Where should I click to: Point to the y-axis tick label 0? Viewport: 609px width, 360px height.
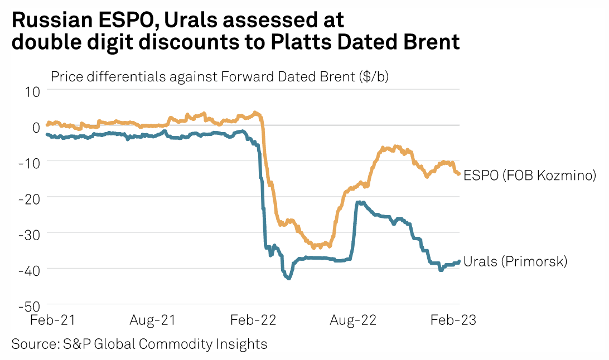coord(36,127)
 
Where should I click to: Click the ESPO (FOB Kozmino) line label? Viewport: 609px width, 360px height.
coord(530,176)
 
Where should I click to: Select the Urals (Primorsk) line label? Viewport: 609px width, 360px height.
coord(515,261)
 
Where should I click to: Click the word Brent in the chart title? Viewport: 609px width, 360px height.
coord(431,42)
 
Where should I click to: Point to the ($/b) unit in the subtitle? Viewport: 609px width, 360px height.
coord(373,77)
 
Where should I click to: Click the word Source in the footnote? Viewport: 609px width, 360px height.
coord(32,344)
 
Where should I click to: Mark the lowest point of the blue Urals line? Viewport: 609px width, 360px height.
coord(288,278)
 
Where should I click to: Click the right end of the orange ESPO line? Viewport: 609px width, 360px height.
coord(458,174)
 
